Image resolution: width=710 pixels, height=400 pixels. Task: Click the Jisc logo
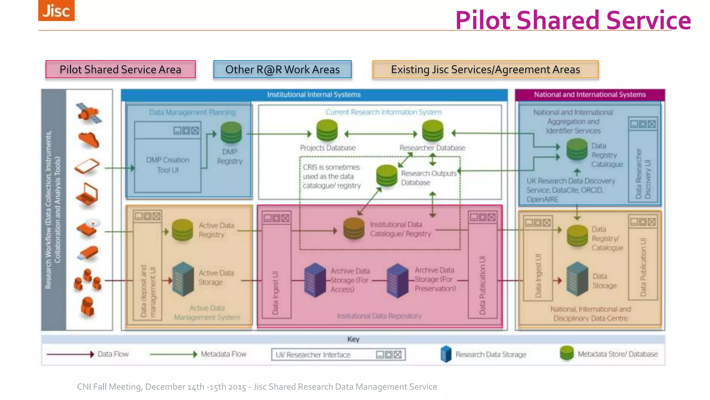pyautogui.click(x=56, y=10)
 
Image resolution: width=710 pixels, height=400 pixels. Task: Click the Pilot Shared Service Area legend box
pyautogui.click(x=120, y=69)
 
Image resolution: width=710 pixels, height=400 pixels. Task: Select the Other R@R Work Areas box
pyautogui.click(x=282, y=69)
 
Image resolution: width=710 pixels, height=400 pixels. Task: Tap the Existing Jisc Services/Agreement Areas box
pyautogui.click(x=485, y=69)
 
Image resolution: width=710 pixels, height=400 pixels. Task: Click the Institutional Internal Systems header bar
pyautogui.click(x=314, y=94)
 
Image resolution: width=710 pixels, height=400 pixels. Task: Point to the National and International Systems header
pyautogui.click(x=590, y=94)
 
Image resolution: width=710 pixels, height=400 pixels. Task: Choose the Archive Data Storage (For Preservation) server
pyautogui.click(x=398, y=281)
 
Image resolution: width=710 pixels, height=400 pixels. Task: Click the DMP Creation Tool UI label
pyautogui.click(x=168, y=165)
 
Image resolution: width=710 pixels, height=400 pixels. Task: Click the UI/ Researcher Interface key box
pyautogui.click(x=338, y=355)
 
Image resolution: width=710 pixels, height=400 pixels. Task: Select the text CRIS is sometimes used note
pyautogui.click(x=331, y=176)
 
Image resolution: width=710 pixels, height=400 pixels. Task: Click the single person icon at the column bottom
pyautogui.click(x=87, y=306)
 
